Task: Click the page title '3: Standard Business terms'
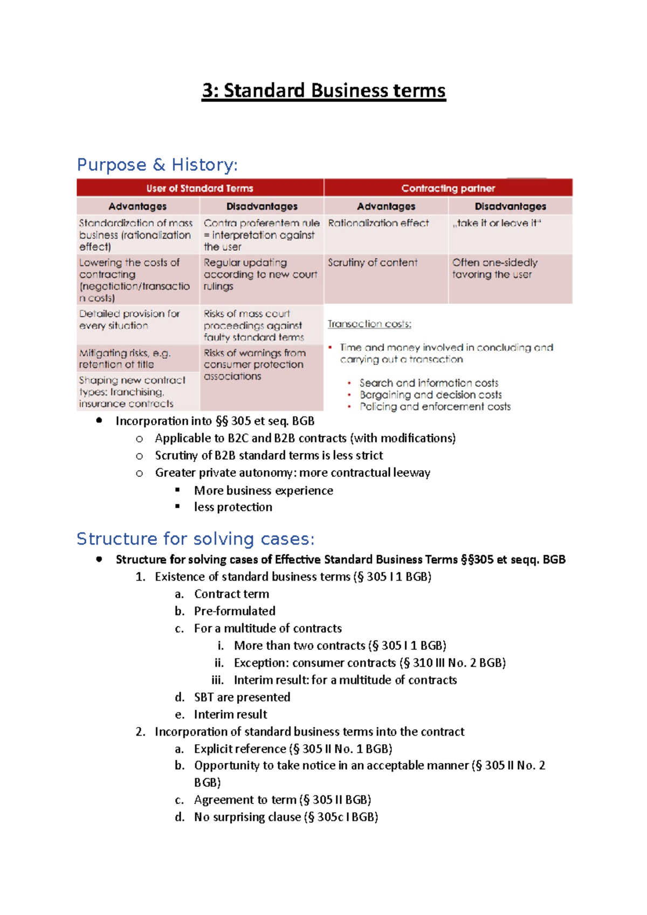click(x=323, y=91)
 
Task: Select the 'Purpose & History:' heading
click(x=157, y=164)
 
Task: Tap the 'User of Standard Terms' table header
click(x=199, y=188)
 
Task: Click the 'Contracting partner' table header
click(x=448, y=188)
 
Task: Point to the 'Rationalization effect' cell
click(x=378, y=223)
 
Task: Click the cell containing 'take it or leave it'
click(x=497, y=223)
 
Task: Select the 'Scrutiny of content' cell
click(x=373, y=262)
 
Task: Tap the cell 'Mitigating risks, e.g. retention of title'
click(x=125, y=358)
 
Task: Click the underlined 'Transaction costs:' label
click(x=369, y=324)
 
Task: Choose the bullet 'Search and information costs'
click(x=429, y=383)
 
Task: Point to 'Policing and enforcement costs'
click(x=435, y=407)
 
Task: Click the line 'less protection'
click(x=233, y=507)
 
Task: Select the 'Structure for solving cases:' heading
click(x=195, y=539)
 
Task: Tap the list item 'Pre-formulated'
click(x=235, y=611)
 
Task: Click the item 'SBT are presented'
click(x=242, y=697)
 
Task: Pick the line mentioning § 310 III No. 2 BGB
click(x=369, y=663)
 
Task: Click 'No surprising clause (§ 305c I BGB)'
click(x=286, y=817)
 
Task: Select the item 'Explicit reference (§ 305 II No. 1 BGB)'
click(x=293, y=749)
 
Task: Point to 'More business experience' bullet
click(x=263, y=490)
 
